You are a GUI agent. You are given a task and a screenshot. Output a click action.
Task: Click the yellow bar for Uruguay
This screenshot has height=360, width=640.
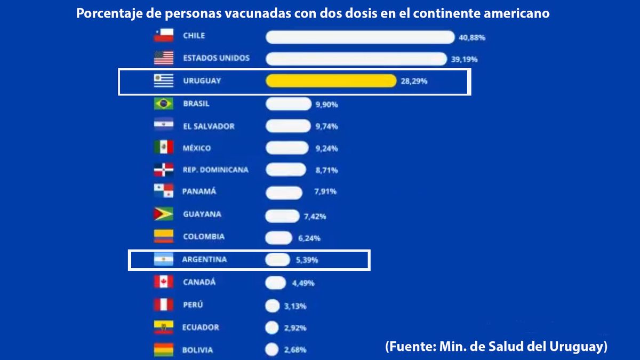pyautogui.click(x=331, y=81)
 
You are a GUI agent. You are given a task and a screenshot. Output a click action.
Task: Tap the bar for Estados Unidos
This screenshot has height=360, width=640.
pyautogui.click(x=356, y=59)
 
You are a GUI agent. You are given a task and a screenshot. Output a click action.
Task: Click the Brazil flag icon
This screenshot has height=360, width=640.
pyautogui.click(x=164, y=104)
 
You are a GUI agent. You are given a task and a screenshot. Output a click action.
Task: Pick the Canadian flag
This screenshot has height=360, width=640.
pyautogui.click(x=164, y=282)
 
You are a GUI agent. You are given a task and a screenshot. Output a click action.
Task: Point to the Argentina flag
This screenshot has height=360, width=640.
pyautogui.click(x=164, y=260)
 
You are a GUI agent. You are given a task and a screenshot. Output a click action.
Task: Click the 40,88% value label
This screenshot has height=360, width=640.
pyautogui.click(x=471, y=38)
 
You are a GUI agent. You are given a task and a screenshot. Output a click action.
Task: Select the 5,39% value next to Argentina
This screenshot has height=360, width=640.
pyautogui.click(x=307, y=261)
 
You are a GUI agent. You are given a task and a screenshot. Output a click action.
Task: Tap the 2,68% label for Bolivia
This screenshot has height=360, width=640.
pyautogui.click(x=295, y=350)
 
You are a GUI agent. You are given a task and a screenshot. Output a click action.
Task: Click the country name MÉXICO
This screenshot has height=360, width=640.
pyautogui.click(x=197, y=148)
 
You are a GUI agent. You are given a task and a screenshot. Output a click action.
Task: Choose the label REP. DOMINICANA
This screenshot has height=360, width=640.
pyautogui.click(x=215, y=170)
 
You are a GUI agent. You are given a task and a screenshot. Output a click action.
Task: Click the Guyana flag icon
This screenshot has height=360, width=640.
pyautogui.click(x=164, y=214)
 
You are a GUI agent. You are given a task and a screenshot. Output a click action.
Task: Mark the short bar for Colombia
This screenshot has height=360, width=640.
pyautogui.click(x=278, y=238)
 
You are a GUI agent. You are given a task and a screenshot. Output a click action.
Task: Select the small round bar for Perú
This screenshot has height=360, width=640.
pyautogui.click(x=272, y=306)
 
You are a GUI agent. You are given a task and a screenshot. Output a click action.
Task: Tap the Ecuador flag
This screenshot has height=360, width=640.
pyautogui.click(x=164, y=327)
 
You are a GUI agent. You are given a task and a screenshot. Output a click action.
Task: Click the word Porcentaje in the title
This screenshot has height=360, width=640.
pyautogui.click(x=109, y=14)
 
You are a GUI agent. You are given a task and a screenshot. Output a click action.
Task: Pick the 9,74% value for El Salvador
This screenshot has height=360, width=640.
pyautogui.click(x=326, y=127)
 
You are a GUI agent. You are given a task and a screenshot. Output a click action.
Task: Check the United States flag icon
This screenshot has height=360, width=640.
pyautogui.click(x=164, y=58)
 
